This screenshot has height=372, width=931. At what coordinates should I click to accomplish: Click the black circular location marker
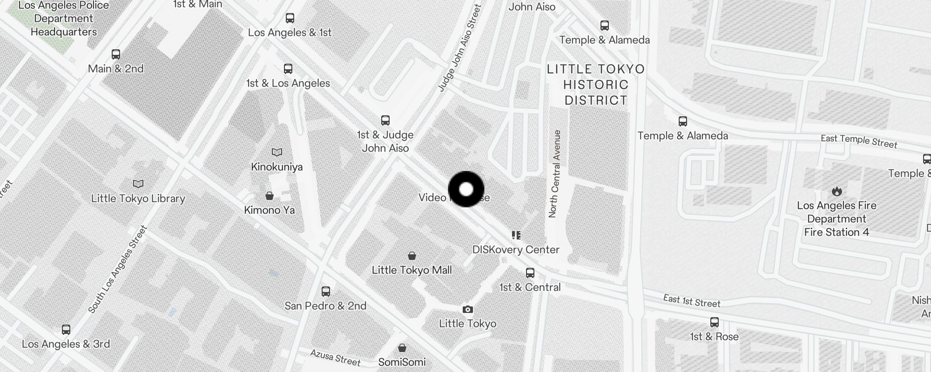click(466, 189)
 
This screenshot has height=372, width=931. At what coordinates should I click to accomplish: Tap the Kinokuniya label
click(277, 167)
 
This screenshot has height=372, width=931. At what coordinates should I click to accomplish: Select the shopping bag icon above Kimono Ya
click(270, 196)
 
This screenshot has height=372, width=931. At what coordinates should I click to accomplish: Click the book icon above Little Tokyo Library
click(138, 184)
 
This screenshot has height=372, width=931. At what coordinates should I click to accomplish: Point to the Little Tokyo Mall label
click(412, 270)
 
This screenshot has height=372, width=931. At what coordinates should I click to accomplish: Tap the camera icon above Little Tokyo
click(468, 310)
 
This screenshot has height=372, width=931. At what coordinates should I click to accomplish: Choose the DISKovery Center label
click(516, 250)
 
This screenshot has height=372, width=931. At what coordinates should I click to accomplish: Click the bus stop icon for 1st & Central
click(530, 273)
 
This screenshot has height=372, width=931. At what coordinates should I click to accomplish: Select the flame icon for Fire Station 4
click(837, 191)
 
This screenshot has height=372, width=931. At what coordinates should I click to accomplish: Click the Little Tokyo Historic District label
click(596, 85)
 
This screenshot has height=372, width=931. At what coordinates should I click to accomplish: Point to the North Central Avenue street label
click(555, 174)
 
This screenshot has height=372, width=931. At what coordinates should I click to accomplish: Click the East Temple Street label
click(859, 141)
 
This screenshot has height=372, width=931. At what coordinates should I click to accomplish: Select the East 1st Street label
click(692, 301)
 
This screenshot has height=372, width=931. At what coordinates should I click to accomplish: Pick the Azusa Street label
click(336, 358)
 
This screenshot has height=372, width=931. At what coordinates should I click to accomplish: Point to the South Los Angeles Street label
click(117, 269)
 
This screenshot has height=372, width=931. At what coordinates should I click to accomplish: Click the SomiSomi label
click(402, 362)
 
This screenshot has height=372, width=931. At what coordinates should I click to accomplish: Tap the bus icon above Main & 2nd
click(116, 54)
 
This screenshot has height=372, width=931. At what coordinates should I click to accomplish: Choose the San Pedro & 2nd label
click(325, 306)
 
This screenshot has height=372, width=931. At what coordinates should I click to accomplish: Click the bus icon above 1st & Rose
click(714, 322)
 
